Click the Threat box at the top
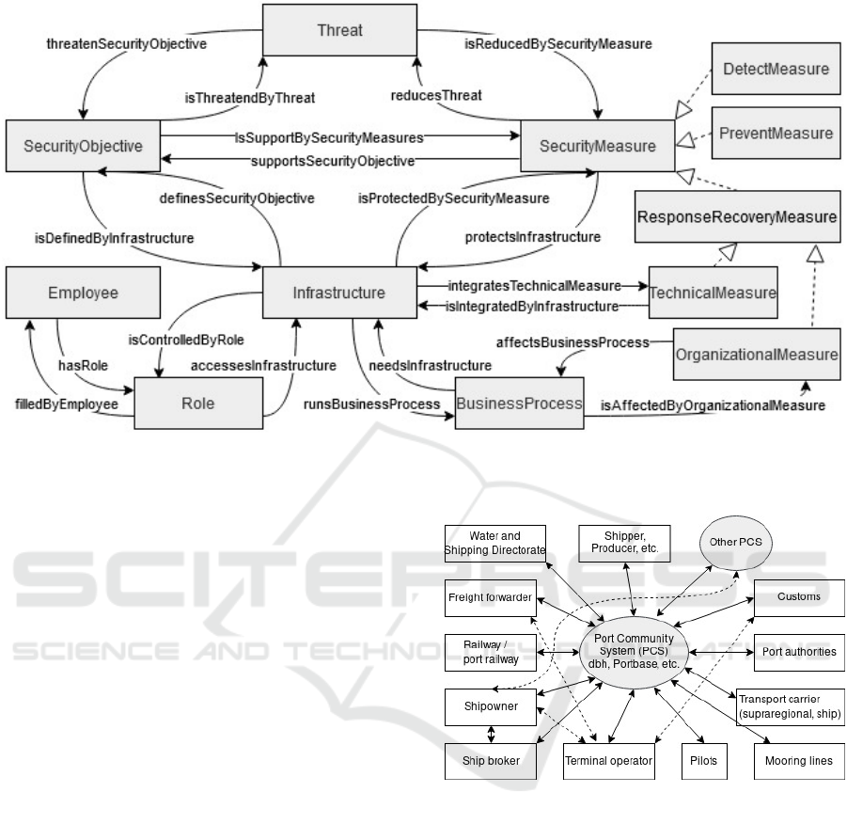click(x=327, y=30)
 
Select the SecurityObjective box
click(x=83, y=146)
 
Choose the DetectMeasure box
click(x=776, y=69)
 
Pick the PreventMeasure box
click(x=776, y=133)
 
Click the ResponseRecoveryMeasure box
click(x=736, y=217)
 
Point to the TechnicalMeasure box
click(x=713, y=293)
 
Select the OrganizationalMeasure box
click(x=756, y=354)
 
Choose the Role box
click(x=197, y=403)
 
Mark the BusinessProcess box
click(x=519, y=404)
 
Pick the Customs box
click(x=799, y=596)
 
